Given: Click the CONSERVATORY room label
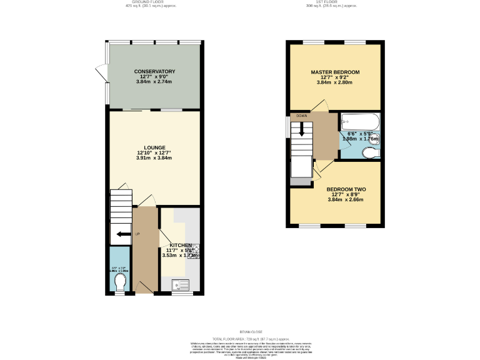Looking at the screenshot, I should coord(154,72).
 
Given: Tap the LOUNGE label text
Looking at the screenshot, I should coord(154,147).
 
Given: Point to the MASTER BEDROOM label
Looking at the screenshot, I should coord(335,72).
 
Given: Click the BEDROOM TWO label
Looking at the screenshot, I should coord(346,189).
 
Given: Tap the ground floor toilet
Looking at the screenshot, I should coord(121,282).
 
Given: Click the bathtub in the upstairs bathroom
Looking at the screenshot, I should coord(360,121).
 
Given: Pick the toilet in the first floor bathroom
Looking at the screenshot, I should coord(369,152).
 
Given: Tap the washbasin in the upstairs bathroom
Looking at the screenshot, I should coord(376,137).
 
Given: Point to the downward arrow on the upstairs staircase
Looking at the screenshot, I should coord(302,129).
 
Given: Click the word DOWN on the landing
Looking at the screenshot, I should coord(302,116).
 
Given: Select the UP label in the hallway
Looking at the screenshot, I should coord(137,234).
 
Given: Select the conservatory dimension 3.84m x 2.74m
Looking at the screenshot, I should coord(154,82).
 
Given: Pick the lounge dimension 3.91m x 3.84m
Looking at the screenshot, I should coord(154,158).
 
